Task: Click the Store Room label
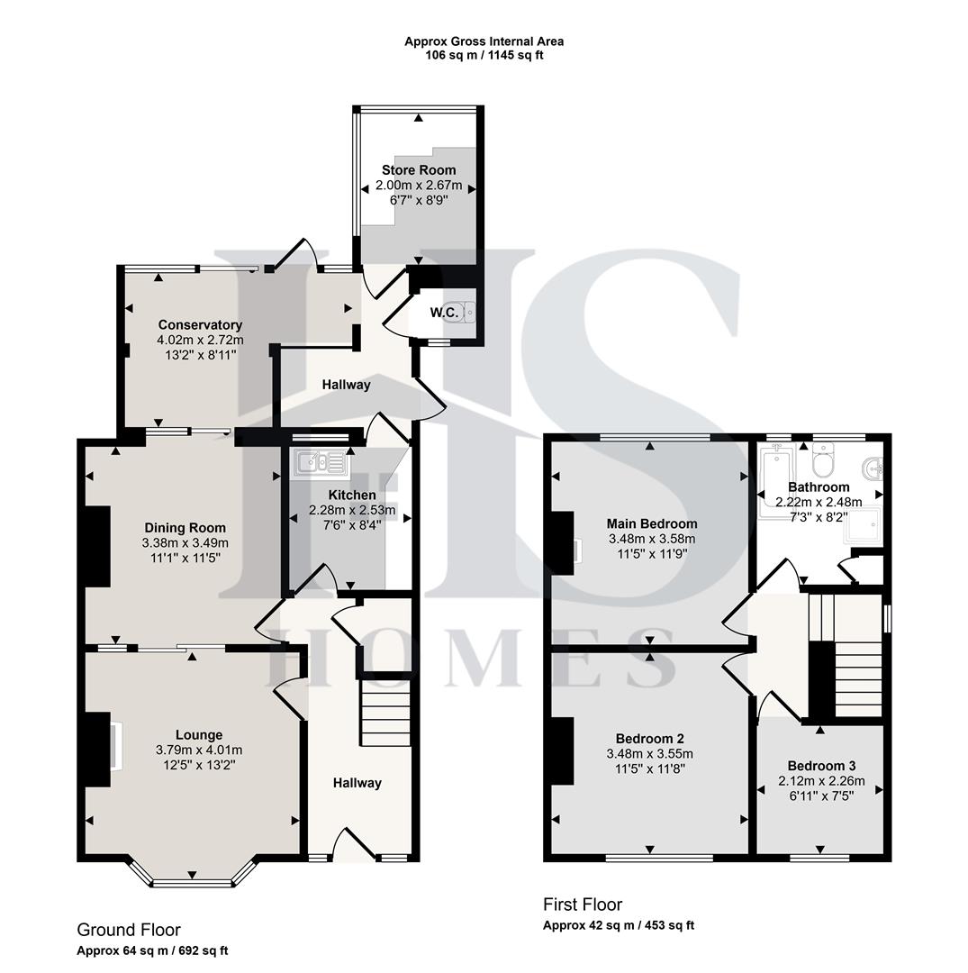tap(419, 170)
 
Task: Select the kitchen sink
tap(321, 464)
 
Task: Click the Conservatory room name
tap(200, 325)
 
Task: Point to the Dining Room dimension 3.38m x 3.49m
tap(185, 543)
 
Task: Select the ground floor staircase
tap(385, 713)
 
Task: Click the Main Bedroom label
tap(651, 523)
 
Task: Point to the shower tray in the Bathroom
tap(863, 532)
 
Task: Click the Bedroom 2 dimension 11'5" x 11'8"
tap(650, 768)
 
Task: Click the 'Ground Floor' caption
tap(129, 930)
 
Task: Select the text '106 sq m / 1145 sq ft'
tap(484, 55)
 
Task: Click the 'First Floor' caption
tap(583, 905)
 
